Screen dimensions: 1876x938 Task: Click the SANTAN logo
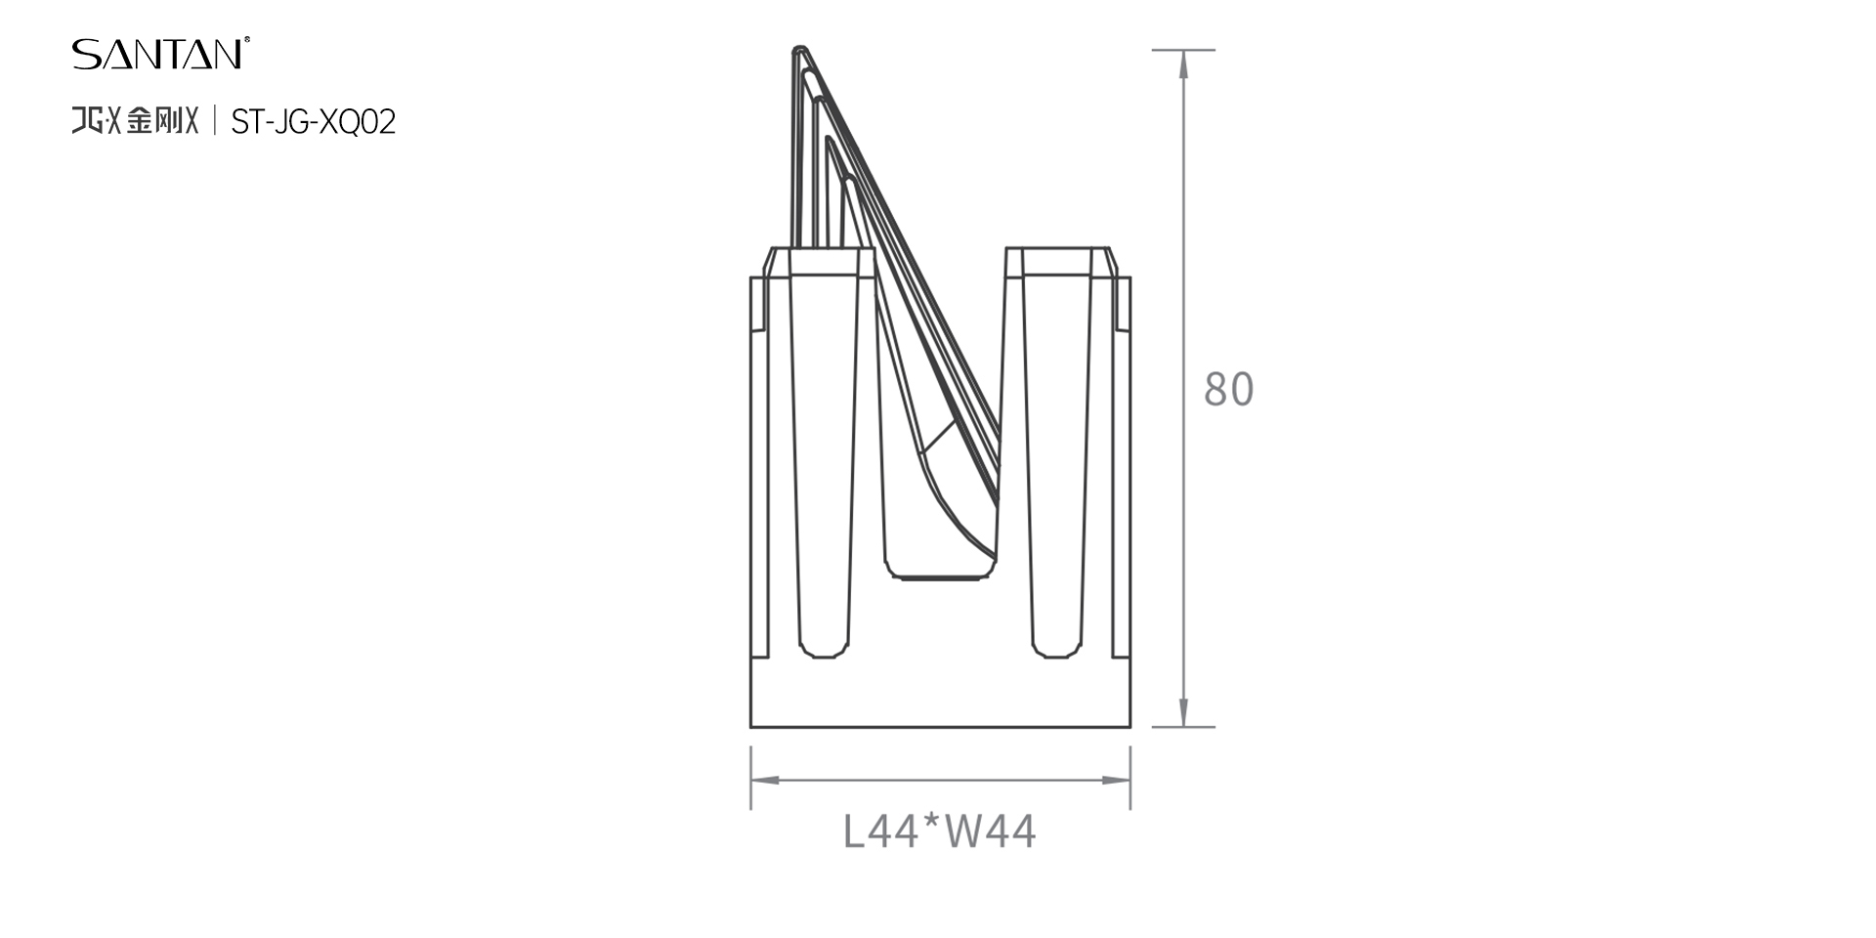click(x=160, y=54)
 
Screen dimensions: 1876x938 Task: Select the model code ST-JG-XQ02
click(x=313, y=122)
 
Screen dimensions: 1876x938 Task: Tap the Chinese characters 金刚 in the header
click(x=154, y=121)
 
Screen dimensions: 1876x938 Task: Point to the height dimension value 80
click(x=1228, y=389)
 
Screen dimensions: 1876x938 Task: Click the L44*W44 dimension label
click(x=939, y=831)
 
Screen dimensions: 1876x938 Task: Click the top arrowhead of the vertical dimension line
click(x=1183, y=64)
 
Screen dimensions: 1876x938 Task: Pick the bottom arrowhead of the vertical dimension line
click(x=1183, y=712)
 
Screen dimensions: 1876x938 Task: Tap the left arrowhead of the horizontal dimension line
click(x=765, y=780)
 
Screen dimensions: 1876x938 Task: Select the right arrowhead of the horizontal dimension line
click(x=1116, y=780)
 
